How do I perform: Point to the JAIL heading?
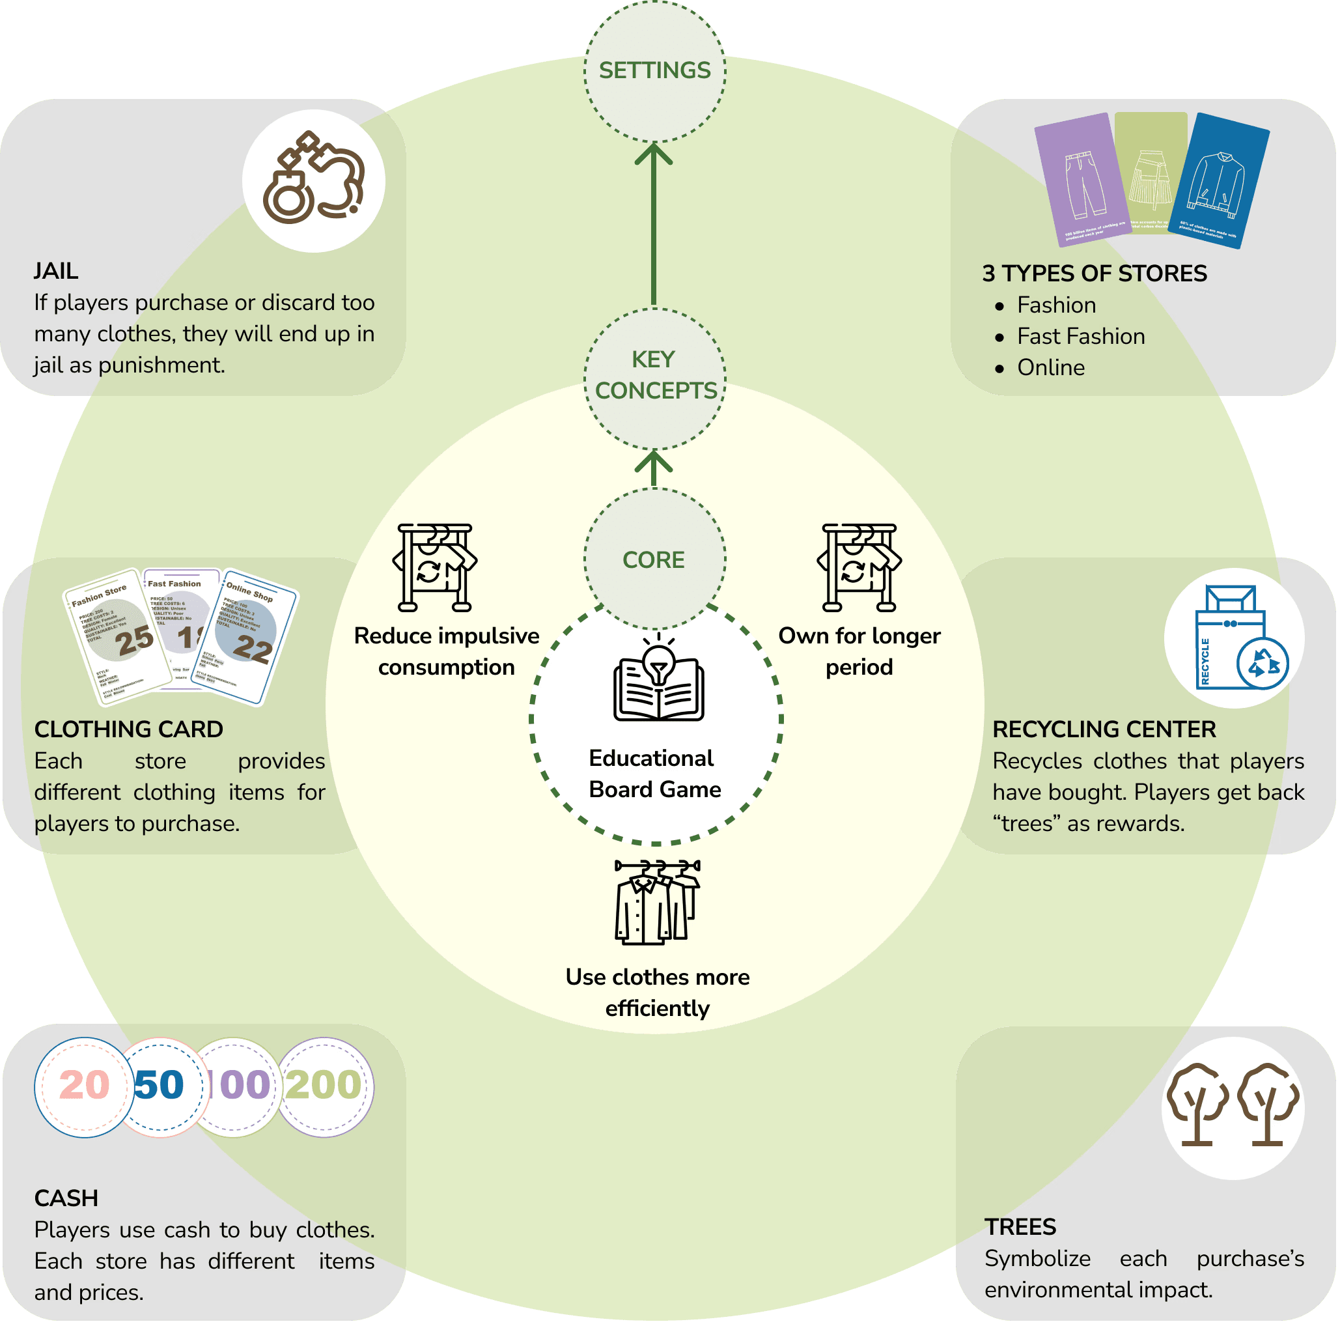pos(56,270)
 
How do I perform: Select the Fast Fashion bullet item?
pos(1080,337)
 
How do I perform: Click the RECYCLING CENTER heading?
pos(1104,729)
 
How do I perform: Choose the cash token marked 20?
pos(83,1086)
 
